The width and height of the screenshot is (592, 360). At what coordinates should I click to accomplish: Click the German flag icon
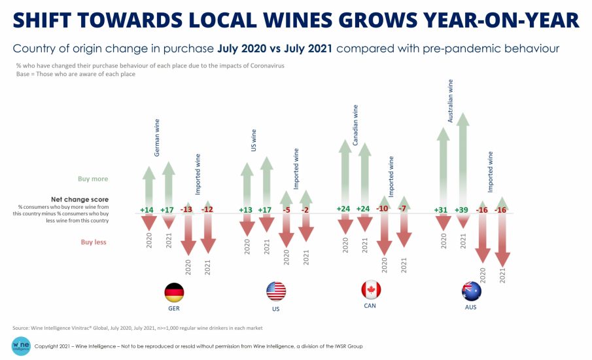pos(174,291)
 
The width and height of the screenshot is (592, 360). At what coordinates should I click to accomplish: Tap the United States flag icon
pos(276,291)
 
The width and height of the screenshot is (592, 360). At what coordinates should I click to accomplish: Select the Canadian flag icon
pos(371,290)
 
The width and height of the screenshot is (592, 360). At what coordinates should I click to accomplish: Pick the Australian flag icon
pos(471,290)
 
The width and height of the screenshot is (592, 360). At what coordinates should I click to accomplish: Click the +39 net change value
pos(462,210)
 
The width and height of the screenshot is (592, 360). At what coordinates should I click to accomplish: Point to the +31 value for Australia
pos(443,210)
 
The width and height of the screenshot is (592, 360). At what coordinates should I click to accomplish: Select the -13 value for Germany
pos(188,210)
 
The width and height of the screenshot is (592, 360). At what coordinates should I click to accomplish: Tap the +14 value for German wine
pos(148,210)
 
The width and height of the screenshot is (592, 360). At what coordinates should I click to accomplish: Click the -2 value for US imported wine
pos(305,210)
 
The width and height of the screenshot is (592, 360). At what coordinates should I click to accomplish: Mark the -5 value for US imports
pos(286,210)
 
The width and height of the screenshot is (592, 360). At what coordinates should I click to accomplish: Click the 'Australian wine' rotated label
pos(450,101)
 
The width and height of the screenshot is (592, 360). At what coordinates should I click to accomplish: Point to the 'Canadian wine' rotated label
pos(355,126)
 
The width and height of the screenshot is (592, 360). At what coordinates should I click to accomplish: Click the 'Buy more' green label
pos(94,179)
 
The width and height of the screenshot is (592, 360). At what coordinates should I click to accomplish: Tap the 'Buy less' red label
pos(94,242)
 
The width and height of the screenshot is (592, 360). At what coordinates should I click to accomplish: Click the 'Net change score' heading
pos(79,199)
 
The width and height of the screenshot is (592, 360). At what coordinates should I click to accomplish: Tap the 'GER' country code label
pos(173,308)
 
